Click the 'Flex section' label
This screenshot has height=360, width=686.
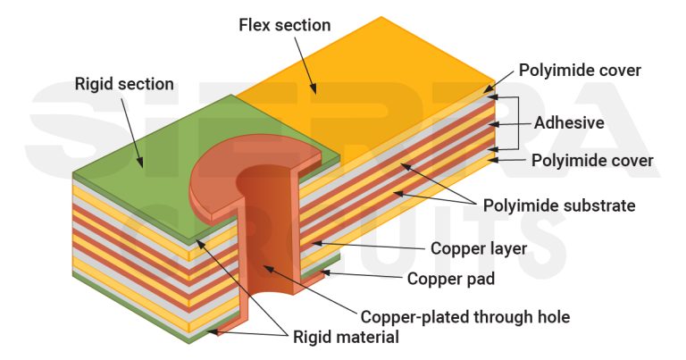click(x=284, y=25)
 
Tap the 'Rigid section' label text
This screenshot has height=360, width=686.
click(x=124, y=85)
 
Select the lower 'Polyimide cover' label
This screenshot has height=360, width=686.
click(x=592, y=161)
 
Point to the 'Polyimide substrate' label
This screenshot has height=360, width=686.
click(x=559, y=205)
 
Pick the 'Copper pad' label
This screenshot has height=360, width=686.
click(x=451, y=279)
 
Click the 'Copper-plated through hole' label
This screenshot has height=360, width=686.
click(x=464, y=316)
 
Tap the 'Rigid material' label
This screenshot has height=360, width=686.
click(x=346, y=337)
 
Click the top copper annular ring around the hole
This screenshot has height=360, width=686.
click(x=214, y=183)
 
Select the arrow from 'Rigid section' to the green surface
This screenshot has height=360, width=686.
click(x=130, y=134)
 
